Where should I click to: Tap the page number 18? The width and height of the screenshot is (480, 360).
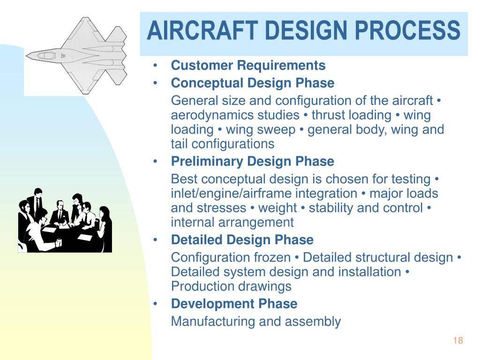[458, 341]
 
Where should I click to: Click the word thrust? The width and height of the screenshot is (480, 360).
[328, 115]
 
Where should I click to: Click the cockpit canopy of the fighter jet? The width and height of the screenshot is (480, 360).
[47, 55]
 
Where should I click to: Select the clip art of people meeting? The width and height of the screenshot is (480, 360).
[65, 220]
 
